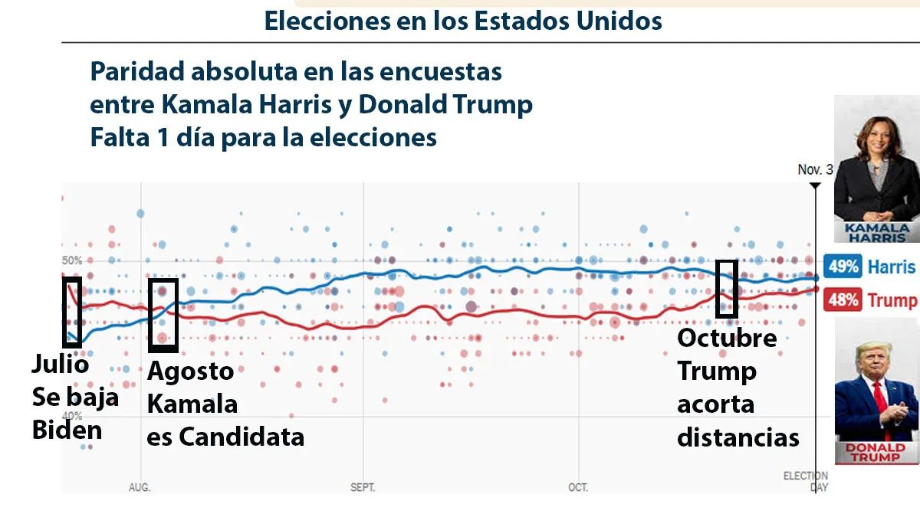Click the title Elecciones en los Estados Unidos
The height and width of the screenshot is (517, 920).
(463, 21)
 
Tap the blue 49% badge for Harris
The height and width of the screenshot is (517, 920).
(842, 267)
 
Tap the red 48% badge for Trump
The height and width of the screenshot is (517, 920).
(842, 299)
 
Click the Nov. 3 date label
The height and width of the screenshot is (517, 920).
(814, 169)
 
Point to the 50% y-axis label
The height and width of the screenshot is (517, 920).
(71, 260)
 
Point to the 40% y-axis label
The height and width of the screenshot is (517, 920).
(71, 415)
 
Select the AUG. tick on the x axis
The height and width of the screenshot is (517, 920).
(140, 487)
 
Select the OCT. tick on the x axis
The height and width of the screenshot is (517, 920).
(577, 487)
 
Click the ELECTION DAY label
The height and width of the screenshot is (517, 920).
(806, 482)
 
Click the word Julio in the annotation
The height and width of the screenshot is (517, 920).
(60, 365)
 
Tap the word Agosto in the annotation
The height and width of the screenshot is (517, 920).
(190, 371)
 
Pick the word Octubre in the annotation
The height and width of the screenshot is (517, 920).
(727, 338)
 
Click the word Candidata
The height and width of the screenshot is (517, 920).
(241, 437)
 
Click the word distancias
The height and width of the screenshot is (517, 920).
(738, 437)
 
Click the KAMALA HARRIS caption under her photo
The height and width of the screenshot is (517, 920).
(876, 232)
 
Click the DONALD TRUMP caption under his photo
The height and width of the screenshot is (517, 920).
(876, 453)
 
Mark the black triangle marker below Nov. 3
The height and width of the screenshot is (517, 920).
(815, 185)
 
